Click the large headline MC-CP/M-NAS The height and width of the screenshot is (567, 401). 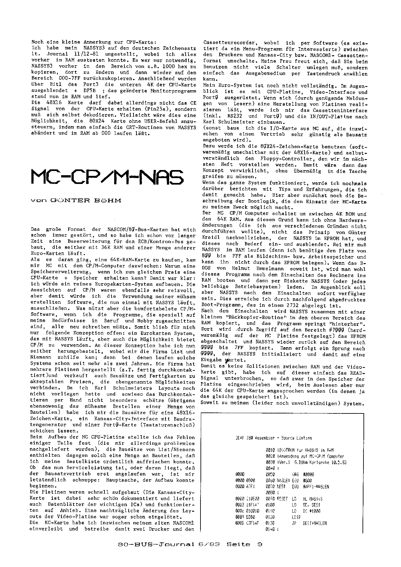click(x=107, y=176)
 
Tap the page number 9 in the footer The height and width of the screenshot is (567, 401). click(x=260, y=544)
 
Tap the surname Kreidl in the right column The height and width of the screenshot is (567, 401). click(x=211, y=238)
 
